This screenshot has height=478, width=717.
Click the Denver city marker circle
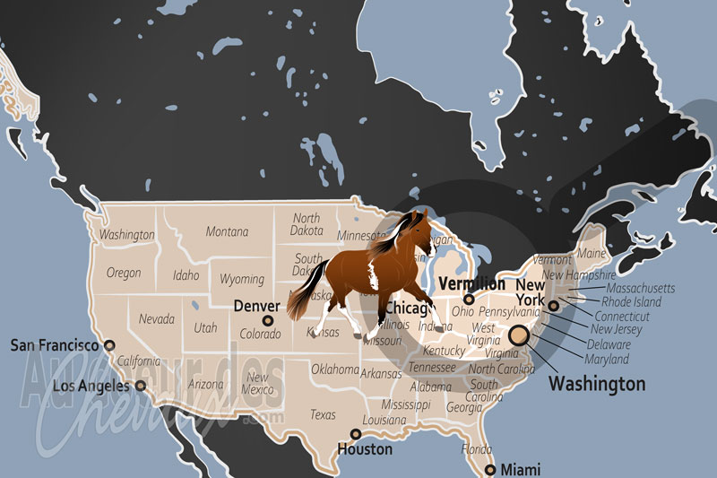(x=267, y=320)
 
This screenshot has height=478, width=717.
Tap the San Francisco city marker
(x=109, y=344)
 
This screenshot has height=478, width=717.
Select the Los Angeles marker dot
(x=140, y=386)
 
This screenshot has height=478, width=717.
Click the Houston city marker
(x=356, y=434)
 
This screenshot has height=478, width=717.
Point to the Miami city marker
(x=489, y=470)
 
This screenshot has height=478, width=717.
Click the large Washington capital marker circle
(x=519, y=336)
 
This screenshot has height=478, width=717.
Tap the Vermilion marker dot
(x=468, y=300)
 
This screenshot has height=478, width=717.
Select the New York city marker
(x=554, y=306)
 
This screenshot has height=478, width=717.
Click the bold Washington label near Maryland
(x=596, y=384)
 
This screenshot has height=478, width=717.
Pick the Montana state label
(x=227, y=231)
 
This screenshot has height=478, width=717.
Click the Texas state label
(x=323, y=414)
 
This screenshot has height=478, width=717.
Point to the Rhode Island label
(x=631, y=302)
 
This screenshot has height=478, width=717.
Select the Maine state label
(x=592, y=255)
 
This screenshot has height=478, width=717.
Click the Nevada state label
(x=156, y=318)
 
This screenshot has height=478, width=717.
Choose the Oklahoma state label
(x=334, y=369)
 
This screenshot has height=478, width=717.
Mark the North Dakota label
(x=306, y=224)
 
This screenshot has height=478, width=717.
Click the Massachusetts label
(x=640, y=289)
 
